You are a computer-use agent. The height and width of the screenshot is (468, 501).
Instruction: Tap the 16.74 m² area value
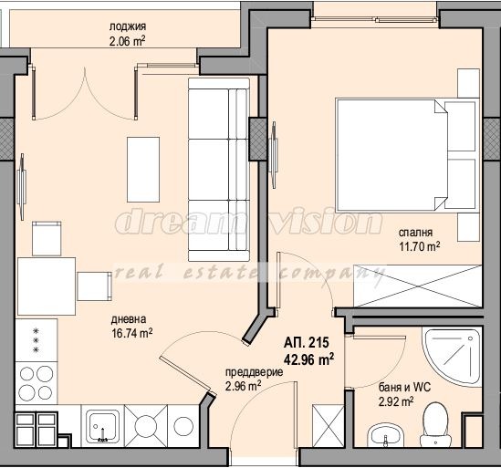pos(132,334)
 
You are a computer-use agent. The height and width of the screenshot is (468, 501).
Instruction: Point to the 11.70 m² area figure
pos(419,245)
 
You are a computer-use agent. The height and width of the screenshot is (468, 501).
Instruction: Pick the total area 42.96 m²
pos(308,359)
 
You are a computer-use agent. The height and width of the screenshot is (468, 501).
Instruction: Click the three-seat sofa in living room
pos(218,168)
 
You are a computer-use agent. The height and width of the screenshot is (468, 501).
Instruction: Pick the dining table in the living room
pos(47,286)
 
